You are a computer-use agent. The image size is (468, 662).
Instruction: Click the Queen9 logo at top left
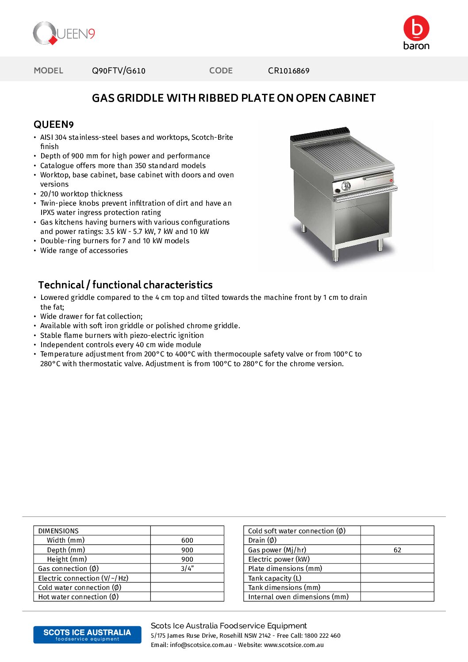click(64, 34)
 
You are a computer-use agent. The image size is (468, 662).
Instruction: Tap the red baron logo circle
click(416, 28)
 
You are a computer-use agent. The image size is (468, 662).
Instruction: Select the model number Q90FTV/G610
click(119, 71)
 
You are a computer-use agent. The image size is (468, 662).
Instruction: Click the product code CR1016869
click(288, 71)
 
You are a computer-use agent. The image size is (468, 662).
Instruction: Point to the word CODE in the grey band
click(221, 71)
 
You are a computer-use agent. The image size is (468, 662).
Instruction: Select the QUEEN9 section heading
click(54, 124)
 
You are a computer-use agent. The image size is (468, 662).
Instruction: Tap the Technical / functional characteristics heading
click(125, 285)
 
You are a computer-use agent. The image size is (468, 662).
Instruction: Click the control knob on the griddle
click(346, 186)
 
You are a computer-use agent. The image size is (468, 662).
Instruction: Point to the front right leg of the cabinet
click(380, 245)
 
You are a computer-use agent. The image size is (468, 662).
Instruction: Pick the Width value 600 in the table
click(187, 540)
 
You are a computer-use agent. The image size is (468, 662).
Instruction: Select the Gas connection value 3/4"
click(187, 569)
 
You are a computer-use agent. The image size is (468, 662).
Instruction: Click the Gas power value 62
click(397, 550)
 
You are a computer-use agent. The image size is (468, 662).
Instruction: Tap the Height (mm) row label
click(67, 559)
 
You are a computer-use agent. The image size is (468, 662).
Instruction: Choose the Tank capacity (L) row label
click(275, 578)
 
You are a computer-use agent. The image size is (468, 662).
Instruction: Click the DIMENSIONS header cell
click(58, 531)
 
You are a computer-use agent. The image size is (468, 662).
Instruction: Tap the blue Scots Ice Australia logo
click(87, 635)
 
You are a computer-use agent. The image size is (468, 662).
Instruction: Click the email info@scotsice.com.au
click(201, 645)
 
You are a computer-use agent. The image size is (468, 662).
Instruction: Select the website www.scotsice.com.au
click(294, 645)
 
